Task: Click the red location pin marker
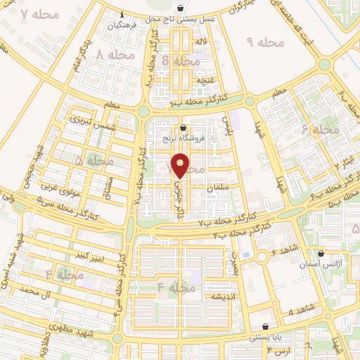[181, 166]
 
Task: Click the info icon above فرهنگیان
[123, 14]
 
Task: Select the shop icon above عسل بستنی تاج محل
[181, 8]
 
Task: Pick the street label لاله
[201, 43]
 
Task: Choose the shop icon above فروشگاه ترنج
[184, 128]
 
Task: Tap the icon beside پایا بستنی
[264, 327]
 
